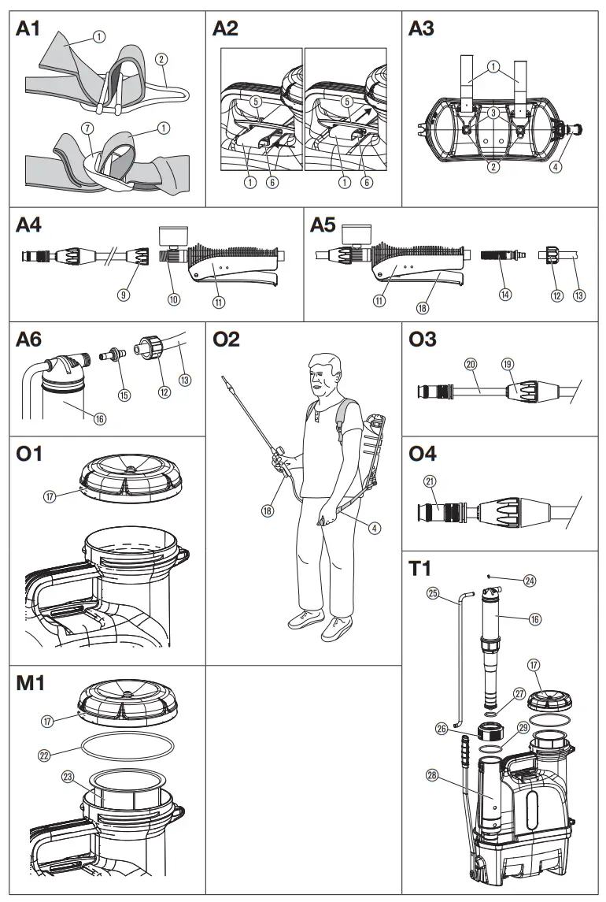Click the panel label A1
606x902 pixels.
click(28, 29)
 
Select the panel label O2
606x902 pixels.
click(226, 340)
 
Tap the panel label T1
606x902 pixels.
click(421, 569)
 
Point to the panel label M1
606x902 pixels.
click(29, 682)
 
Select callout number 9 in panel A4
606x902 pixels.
click(123, 295)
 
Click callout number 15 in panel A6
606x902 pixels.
click(124, 394)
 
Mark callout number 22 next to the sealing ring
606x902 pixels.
click(45, 754)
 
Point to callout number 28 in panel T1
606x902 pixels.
click(431, 776)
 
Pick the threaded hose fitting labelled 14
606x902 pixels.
click(497, 258)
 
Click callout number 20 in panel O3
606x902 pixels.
click(471, 365)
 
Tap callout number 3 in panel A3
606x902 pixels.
click(493, 114)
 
